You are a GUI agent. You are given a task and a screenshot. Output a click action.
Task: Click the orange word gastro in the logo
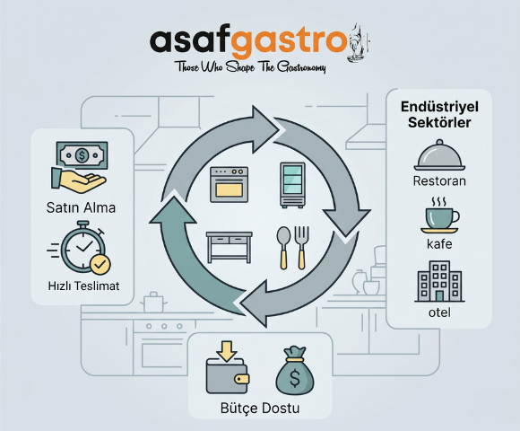click(x=289, y=43)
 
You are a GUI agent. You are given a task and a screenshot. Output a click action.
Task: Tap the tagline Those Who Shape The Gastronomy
click(x=251, y=67)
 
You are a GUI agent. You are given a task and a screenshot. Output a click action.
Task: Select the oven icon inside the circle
click(x=229, y=185)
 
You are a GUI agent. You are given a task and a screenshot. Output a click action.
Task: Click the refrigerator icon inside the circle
click(x=292, y=185)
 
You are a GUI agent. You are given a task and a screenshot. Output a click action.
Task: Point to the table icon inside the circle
click(x=230, y=247)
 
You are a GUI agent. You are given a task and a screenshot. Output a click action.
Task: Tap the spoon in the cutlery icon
click(x=283, y=248)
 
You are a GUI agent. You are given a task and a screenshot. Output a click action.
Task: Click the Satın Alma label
click(x=82, y=207)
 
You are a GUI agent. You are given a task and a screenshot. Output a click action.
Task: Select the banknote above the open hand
click(x=82, y=155)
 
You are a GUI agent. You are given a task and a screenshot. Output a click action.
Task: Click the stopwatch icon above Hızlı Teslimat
click(x=82, y=247)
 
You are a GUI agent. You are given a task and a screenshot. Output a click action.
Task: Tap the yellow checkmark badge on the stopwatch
click(x=100, y=265)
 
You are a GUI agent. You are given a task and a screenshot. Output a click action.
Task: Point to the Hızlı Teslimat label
click(x=84, y=286)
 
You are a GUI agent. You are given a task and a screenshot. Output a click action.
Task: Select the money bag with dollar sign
click(x=295, y=371)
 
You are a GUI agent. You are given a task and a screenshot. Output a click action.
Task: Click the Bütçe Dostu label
click(x=260, y=408)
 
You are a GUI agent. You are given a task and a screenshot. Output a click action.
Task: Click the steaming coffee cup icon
click(x=439, y=215)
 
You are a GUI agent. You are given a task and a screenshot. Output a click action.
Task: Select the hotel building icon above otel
click(x=439, y=281)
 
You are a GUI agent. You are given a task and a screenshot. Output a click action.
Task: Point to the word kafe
click(x=439, y=244)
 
